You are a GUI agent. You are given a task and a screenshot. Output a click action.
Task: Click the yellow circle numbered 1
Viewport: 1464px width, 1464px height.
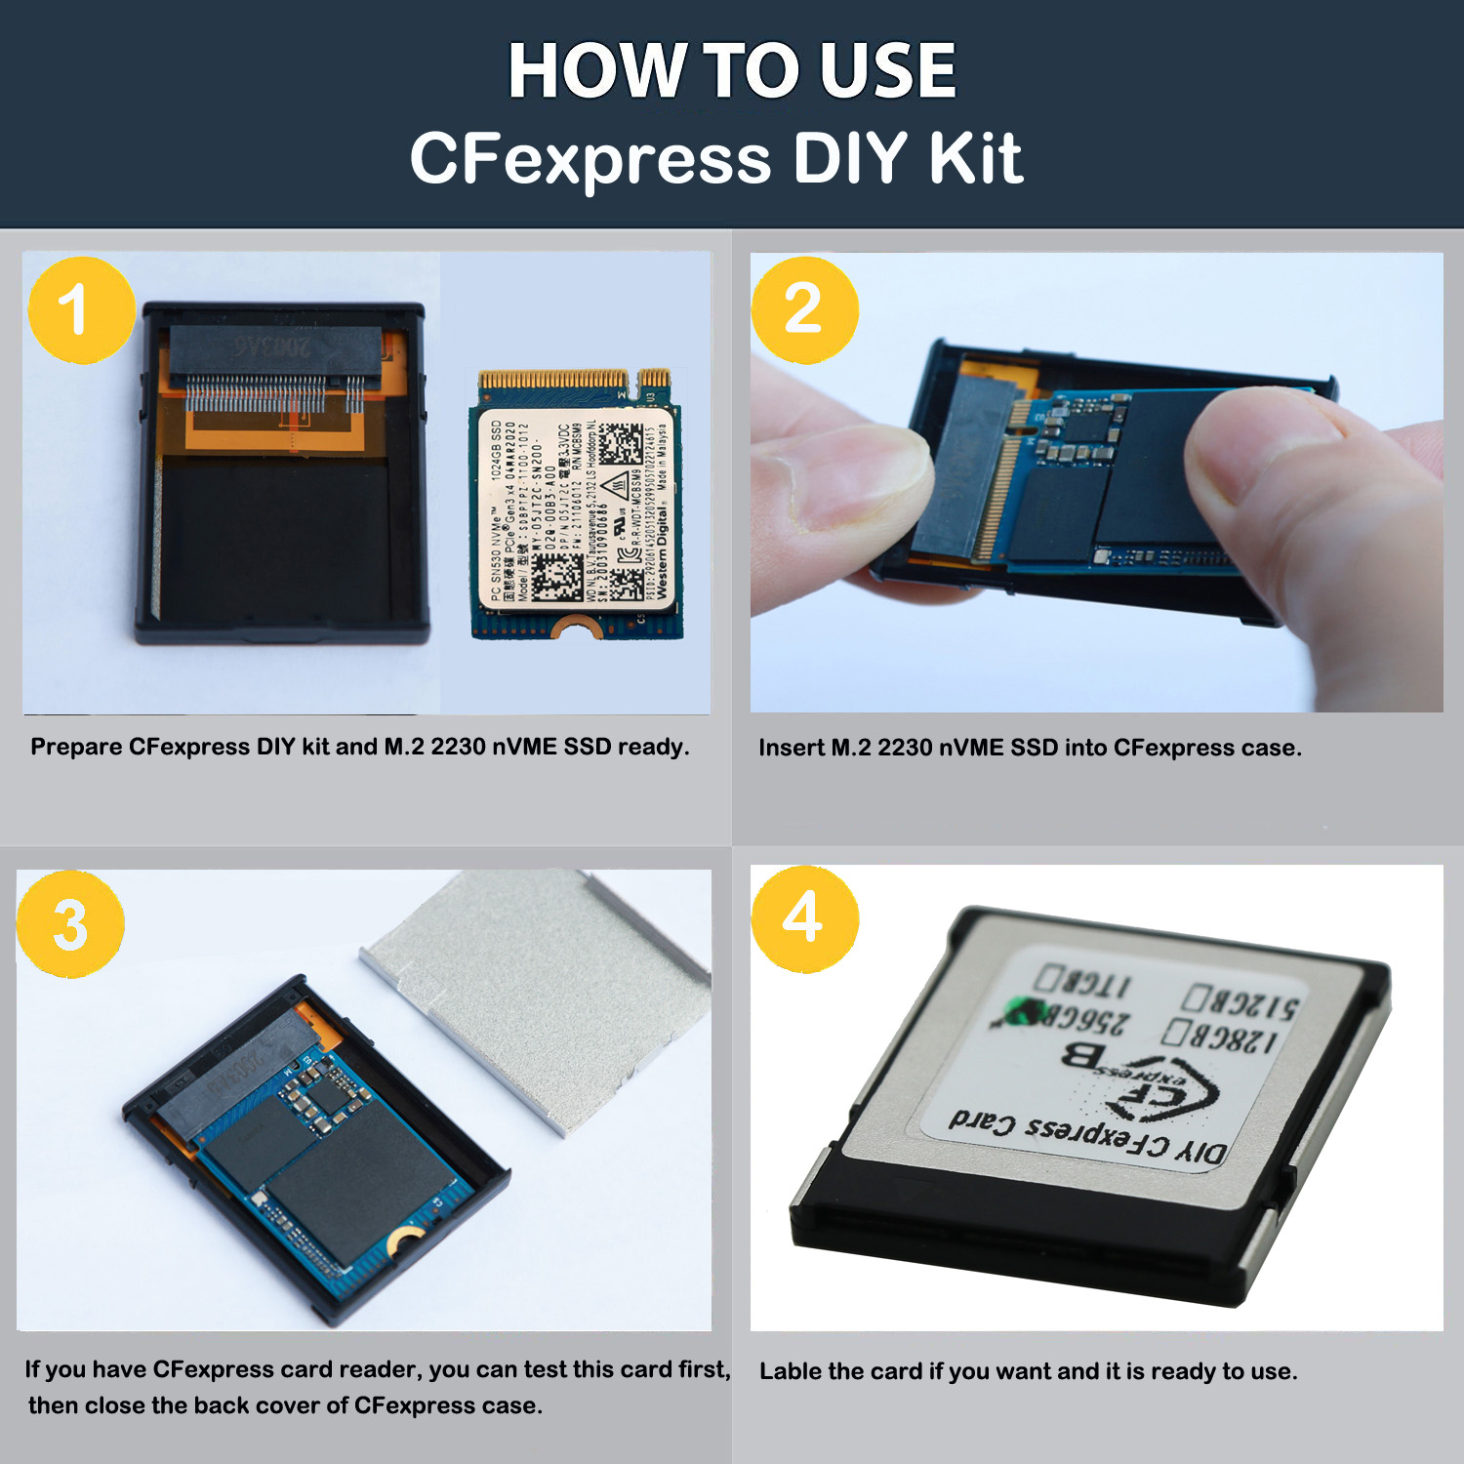click(81, 310)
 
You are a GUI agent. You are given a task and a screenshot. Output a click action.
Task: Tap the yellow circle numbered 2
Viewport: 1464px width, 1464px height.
click(804, 309)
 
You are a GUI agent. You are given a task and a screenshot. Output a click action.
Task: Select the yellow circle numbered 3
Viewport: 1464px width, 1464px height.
click(70, 923)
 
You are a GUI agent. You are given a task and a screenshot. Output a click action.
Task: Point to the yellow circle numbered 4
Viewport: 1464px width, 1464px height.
click(804, 918)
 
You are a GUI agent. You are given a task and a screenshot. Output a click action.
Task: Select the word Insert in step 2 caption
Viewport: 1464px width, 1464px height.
click(791, 748)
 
